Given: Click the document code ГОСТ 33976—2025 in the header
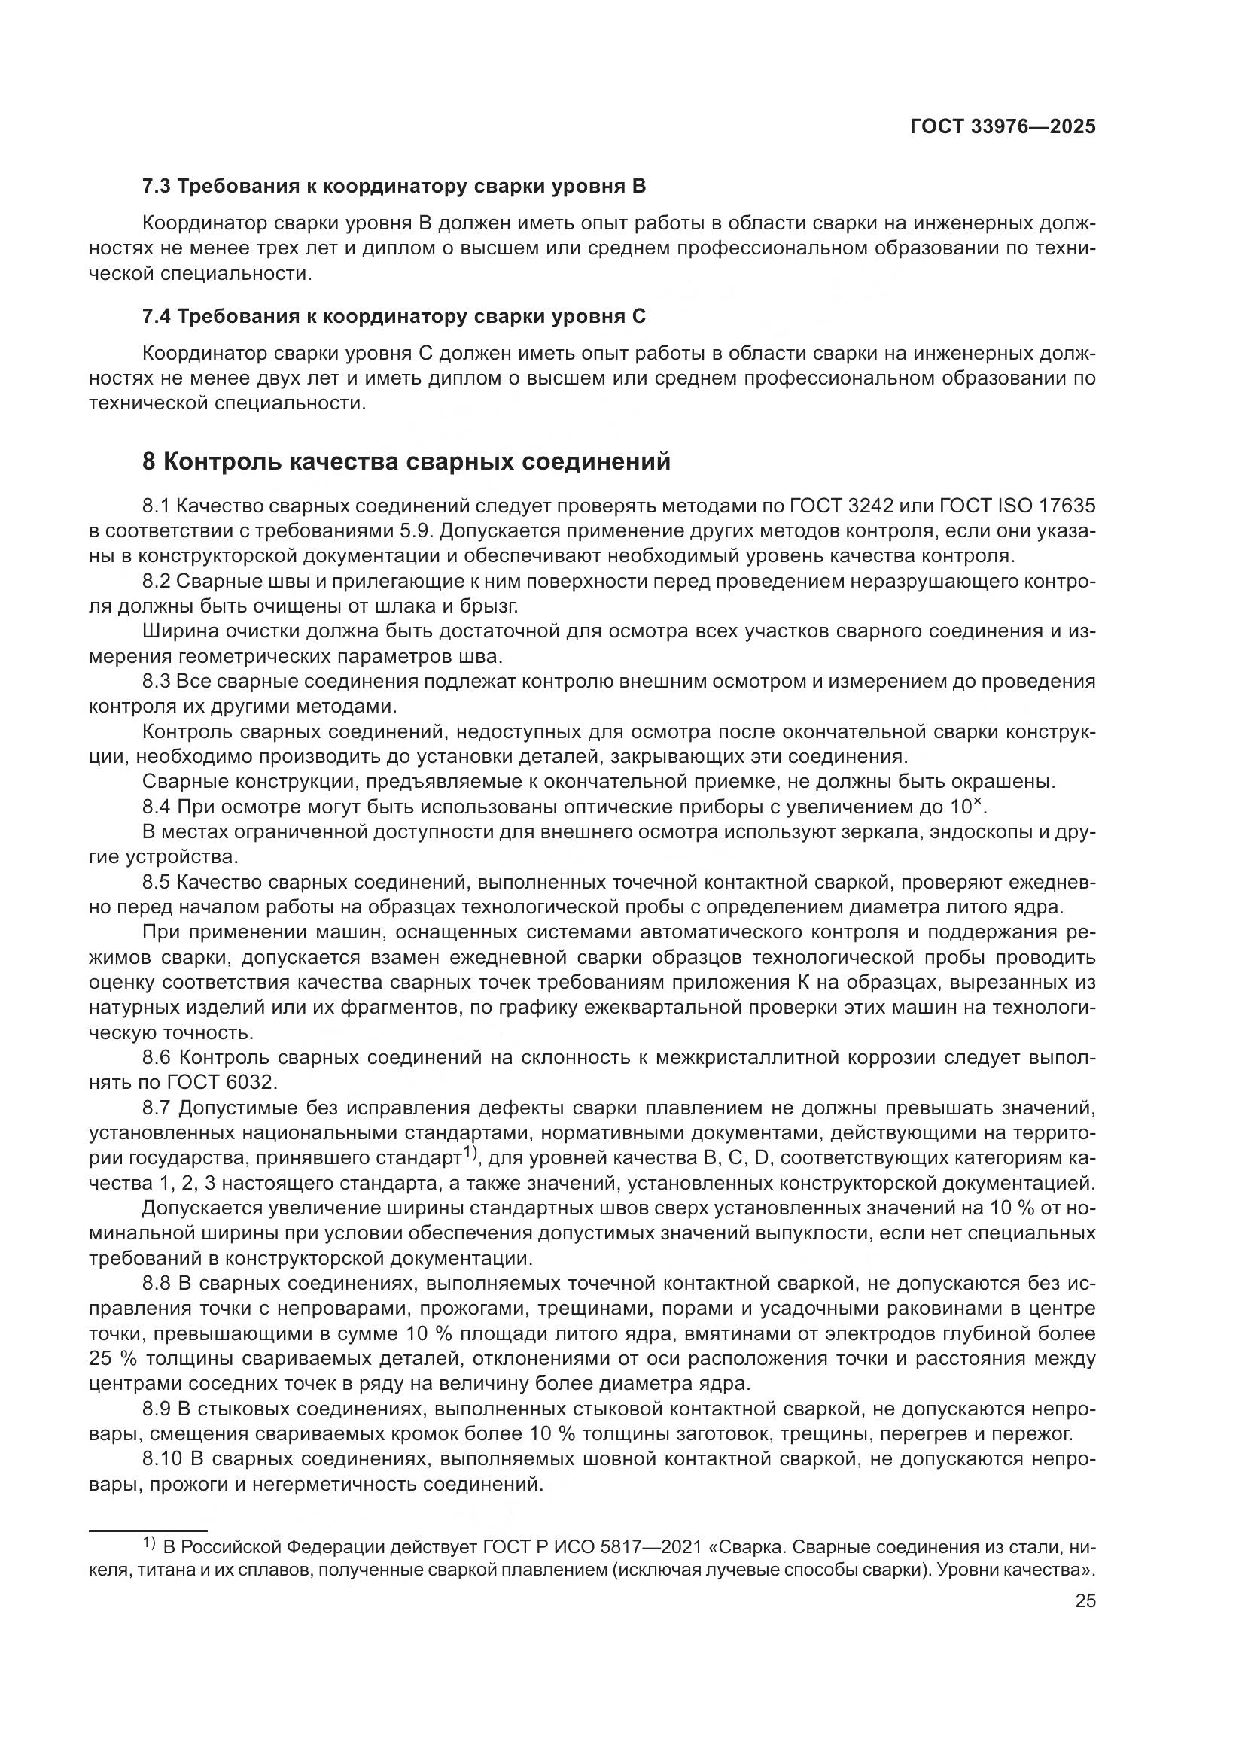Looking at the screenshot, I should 1003,127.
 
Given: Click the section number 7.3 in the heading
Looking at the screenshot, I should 157,187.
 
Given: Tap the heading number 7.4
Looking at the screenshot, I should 157,316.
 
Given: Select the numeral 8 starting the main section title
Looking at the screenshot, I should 150,461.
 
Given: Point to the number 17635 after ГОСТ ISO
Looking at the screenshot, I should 1067,506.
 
